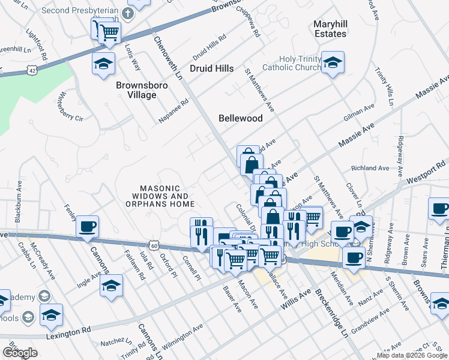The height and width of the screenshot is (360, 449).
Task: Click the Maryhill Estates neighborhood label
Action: point(330,29)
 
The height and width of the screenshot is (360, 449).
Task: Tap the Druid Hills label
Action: point(211,69)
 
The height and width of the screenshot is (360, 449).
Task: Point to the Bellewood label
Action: point(240,118)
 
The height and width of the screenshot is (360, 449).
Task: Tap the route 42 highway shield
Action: point(31,70)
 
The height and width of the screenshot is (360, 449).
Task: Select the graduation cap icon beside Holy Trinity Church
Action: point(331,62)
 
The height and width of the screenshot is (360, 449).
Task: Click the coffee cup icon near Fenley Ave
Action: point(88,226)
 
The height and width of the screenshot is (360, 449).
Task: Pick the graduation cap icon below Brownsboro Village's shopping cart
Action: point(104,63)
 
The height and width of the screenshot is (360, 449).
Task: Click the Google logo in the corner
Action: point(20,353)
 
